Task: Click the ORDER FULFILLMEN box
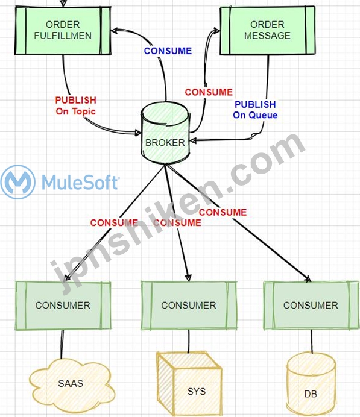(x=63, y=31)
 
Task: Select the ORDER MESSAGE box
(x=267, y=31)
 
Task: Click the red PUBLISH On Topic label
(x=75, y=106)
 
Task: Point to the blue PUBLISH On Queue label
(x=255, y=110)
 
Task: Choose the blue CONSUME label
(x=168, y=51)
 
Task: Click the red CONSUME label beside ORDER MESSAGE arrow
(x=209, y=92)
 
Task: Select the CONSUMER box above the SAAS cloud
(x=63, y=306)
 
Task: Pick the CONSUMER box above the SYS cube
(x=189, y=306)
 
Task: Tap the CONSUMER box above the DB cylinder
(x=311, y=306)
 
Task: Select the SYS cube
(x=189, y=384)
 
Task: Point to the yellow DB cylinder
(x=311, y=384)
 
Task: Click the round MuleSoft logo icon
(x=18, y=182)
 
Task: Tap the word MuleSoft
(x=80, y=182)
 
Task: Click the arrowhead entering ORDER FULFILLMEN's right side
(x=115, y=31)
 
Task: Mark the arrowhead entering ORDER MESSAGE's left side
(x=216, y=30)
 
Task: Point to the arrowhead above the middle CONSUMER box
(x=188, y=278)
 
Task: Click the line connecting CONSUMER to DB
(x=312, y=342)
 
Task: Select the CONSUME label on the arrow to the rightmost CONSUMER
(x=223, y=212)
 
